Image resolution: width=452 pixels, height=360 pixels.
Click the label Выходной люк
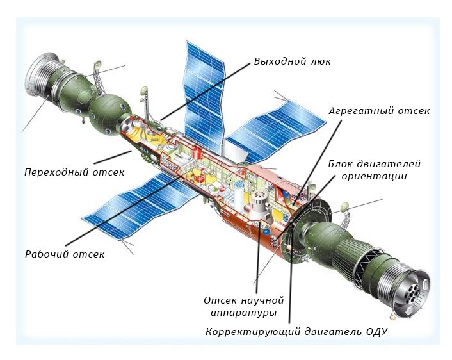tap(292, 61)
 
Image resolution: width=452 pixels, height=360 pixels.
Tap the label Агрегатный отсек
tap(379, 110)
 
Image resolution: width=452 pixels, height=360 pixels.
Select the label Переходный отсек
tap(74, 172)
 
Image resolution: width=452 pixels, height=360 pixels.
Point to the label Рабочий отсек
tap(65, 254)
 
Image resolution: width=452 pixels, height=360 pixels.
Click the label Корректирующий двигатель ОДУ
tap(296, 332)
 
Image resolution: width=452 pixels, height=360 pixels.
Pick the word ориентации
tap(374, 176)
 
